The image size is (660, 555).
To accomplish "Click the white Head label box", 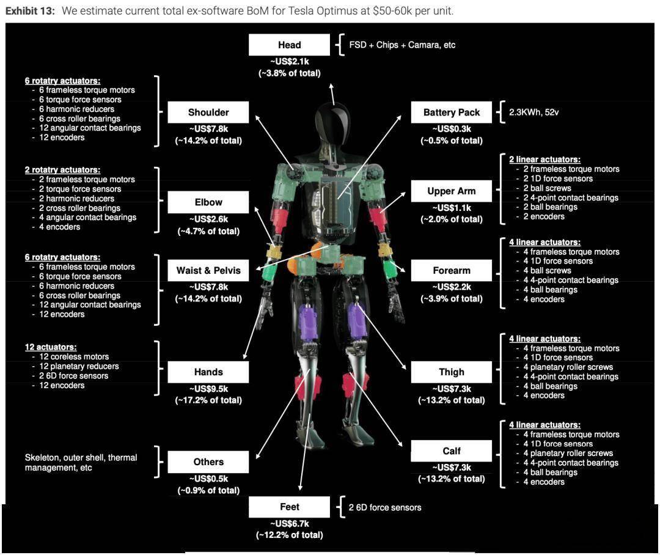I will tap(289, 45).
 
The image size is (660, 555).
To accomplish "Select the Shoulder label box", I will tap(208, 112).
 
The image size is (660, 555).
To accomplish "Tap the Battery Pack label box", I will tap(452, 112).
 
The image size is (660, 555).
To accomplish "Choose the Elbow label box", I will tap(208, 202).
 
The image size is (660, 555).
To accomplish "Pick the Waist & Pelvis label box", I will tap(208, 270).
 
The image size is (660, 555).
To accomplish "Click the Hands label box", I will tap(208, 372).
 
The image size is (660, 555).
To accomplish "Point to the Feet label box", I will tap(289, 507).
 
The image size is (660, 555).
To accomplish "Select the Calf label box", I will tap(452, 451).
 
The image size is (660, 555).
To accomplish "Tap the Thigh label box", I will tap(452, 372).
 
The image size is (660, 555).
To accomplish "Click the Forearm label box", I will tap(452, 270).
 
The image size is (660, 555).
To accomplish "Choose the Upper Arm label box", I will tap(452, 191).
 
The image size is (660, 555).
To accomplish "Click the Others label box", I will tap(208, 462).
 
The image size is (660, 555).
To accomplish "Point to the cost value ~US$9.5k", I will tap(208, 389).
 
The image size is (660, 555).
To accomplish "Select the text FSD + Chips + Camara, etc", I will tap(402, 45).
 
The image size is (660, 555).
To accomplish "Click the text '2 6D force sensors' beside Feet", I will tap(384, 507).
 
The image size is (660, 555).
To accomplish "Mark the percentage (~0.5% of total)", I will tap(452, 141).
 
